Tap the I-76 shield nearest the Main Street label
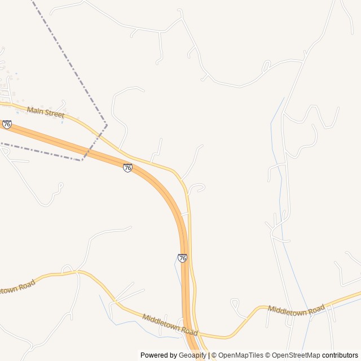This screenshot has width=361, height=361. pos(7,124)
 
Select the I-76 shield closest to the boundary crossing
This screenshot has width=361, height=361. pos(128,168)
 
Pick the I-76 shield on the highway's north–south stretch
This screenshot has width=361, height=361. pos(182,258)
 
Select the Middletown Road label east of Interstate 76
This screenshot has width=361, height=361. pos(296,309)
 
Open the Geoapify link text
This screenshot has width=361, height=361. pos(192,355)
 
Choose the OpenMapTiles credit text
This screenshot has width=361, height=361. pos(240,355)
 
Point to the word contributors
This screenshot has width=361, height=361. pos(340,355)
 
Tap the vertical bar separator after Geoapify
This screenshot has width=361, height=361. pos(209,355)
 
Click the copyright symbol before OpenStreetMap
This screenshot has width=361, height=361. pos(268,355)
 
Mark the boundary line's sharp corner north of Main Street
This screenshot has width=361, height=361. pos(106,123)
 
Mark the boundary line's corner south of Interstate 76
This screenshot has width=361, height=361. pos(82,160)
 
